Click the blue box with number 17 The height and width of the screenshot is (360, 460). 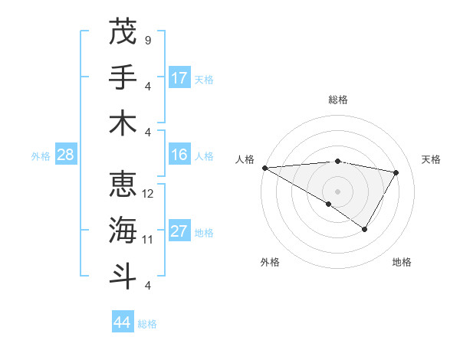pos(179,77)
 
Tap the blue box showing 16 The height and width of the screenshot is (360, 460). pos(179,155)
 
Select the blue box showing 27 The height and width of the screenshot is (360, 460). pos(179,231)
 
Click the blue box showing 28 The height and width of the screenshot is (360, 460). pos(66,155)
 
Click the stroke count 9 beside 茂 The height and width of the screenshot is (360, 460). pos(147,40)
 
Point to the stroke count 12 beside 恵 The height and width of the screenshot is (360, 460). pos(148,194)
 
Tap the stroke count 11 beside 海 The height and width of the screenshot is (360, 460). pos(148,240)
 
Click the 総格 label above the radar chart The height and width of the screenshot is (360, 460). pos(338,100)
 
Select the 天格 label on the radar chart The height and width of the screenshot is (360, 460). pos(431,159)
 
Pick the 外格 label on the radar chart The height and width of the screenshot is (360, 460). pos(270,262)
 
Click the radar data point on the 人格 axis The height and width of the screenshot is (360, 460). pos(264,167)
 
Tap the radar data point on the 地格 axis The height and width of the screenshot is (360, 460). pos(365,229)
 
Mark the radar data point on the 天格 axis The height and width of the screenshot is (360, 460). pos(396,172)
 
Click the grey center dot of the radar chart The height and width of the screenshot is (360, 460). pos(337,191)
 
